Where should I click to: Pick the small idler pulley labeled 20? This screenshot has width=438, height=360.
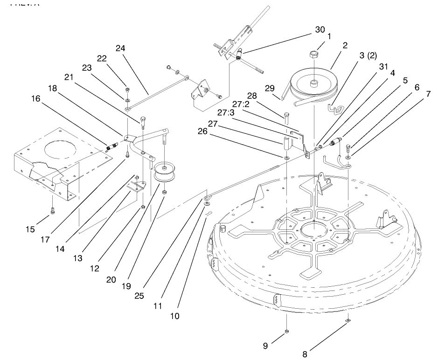(164, 173)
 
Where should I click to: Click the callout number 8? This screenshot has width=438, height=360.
(306, 347)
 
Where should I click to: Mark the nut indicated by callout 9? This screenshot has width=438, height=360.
(287, 331)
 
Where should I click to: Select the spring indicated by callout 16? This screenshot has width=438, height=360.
(111, 147)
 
